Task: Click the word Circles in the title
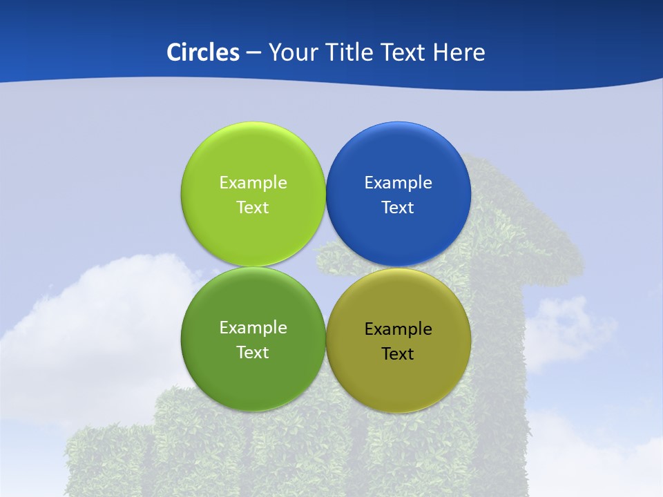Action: [x=203, y=52]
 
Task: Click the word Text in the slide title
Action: [x=405, y=52]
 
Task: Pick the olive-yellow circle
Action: [x=398, y=380]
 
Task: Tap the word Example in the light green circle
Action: [x=253, y=183]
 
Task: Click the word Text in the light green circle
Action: [x=253, y=208]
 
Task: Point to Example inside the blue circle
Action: [x=398, y=183]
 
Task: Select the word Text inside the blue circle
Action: [x=398, y=208]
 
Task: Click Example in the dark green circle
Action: [x=253, y=328]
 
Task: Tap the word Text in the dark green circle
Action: [x=253, y=353]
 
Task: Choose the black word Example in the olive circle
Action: [x=398, y=329]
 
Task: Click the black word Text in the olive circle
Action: [x=398, y=354]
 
